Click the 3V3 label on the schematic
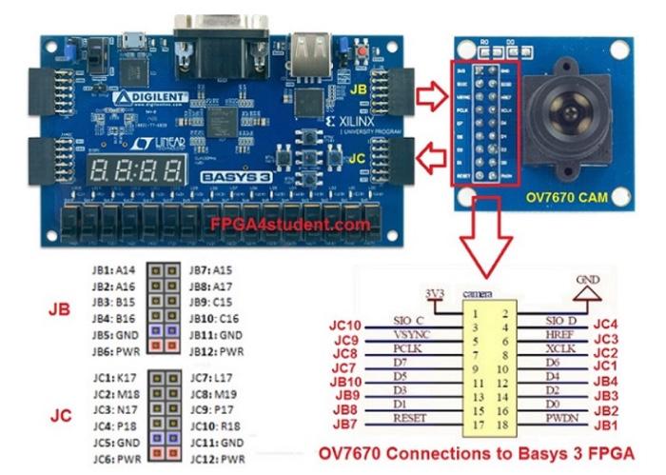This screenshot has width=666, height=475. coord(434,292)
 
